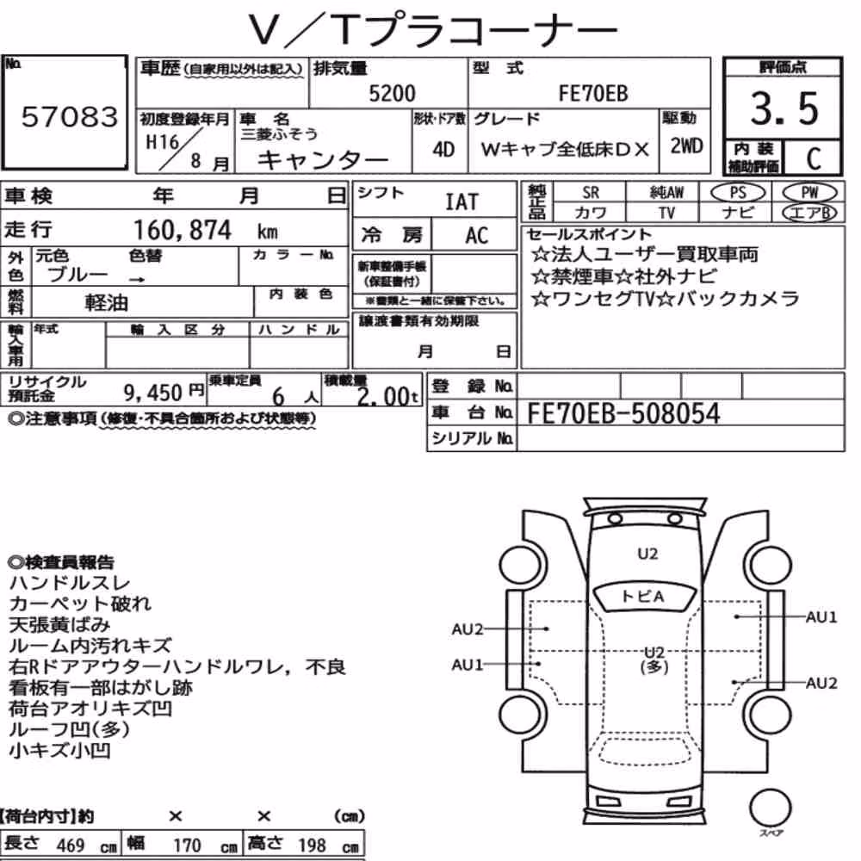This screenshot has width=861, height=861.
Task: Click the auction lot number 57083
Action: click(x=70, y=116)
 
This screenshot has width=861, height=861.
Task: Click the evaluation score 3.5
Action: click(x=784, y=108)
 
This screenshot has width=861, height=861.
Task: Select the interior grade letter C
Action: click(x=814, y=158)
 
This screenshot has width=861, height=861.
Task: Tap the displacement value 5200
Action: click(x=392, y=93)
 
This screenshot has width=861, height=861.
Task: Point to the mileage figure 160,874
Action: click(x=183, y=230)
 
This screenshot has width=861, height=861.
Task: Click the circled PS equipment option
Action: click(x=738, y=193)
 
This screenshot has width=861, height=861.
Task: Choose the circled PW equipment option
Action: click(x=809, y=193)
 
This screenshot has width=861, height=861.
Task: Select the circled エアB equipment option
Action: click(x=809, y=213)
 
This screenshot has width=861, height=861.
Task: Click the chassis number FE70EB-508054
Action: click(x=623, y=413)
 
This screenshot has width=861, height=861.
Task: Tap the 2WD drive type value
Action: click(x=686, y=146)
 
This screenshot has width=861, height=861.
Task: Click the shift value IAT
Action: click(x=461, y=202)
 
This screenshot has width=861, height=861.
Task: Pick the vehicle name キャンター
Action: click(x=323, y=160)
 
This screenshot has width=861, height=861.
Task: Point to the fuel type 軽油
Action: click(x=106, y=302)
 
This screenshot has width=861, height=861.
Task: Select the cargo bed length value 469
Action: click(x=71, y=846)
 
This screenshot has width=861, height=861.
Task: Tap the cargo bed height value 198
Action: click(x=312, y=846)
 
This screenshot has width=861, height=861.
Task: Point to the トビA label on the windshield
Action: click(x=642, y=597)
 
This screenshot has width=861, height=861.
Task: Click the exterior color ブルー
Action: click(x=77, y=275)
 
